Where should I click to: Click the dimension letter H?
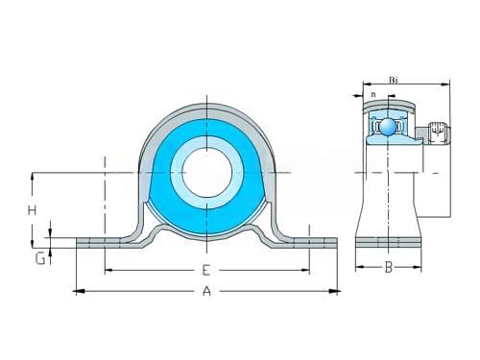point(32,210)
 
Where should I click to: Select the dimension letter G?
point(40,258)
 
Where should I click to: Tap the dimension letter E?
point(206,271)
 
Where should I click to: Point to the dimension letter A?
point(207,291)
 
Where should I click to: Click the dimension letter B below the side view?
point(389,267)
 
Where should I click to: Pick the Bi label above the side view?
point(394,80)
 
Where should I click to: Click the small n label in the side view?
point(373,95)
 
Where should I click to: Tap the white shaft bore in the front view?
point(207,173)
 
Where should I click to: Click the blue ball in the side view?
point(388,127)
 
